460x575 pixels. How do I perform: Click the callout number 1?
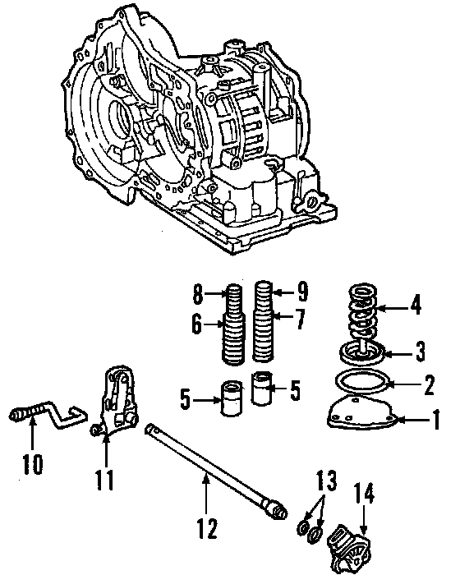click(x=436, y=420)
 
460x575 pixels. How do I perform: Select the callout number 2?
click(x=428, y=385)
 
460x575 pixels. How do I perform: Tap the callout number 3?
click(x=419, y=351)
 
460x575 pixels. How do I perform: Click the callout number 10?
click(x=32, y=464)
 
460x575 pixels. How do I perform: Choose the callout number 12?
click(x=207, y=528)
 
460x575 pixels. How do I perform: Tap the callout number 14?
click(x=364, y=494)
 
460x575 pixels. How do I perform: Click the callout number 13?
click(x=326, y=481)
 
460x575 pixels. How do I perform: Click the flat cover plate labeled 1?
click(x=361, y=414)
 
